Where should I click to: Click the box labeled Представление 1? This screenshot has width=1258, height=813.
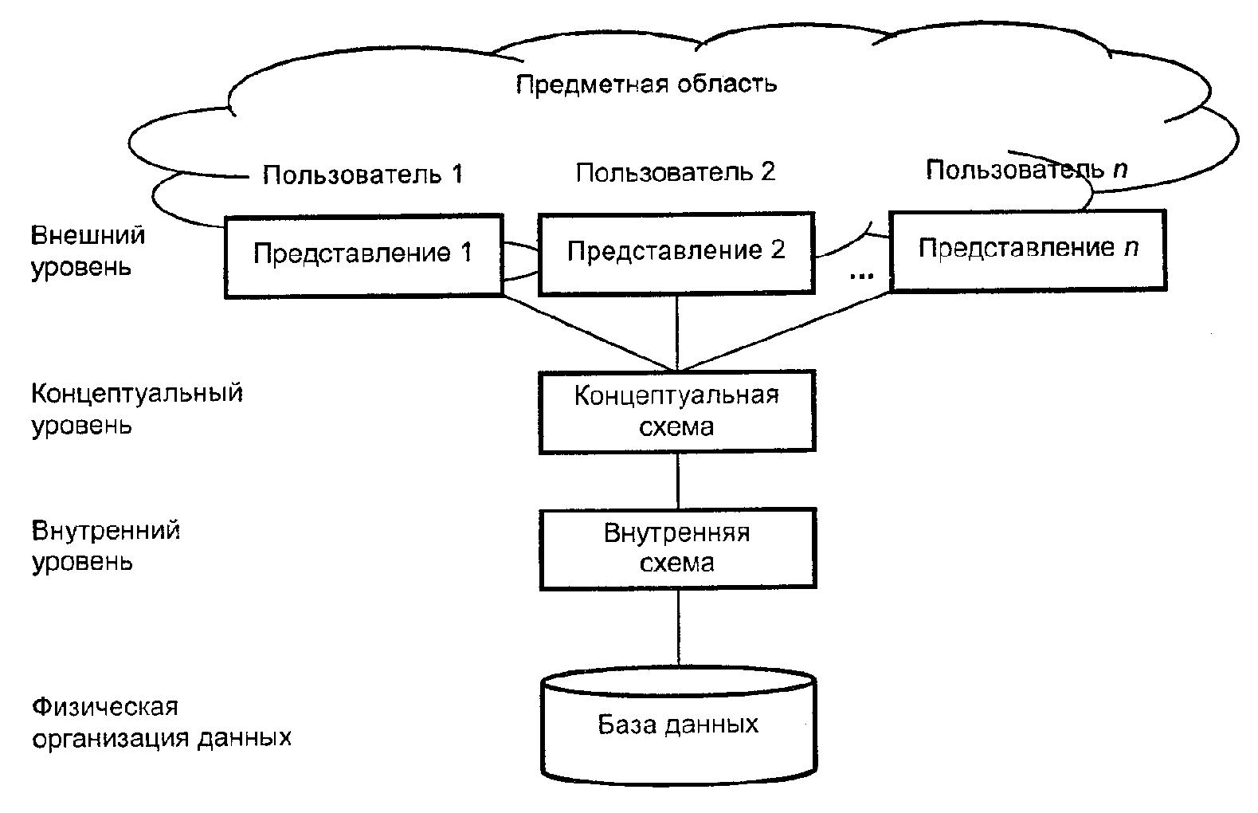[363, 255]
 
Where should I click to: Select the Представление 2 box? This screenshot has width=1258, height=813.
[676, 252]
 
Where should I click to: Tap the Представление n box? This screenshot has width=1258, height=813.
[1027, 249]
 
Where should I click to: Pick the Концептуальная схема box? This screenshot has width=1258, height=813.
[677, 411]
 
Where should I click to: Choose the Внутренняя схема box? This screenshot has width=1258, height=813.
[677, 548]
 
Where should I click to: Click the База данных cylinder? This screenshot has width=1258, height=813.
[678, 725]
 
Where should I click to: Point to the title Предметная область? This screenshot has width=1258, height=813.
[646, 84]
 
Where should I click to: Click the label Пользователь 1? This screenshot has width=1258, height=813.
[363, 175]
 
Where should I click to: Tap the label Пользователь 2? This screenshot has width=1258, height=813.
[675, 172]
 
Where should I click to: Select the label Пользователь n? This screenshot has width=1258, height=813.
[1026, 169]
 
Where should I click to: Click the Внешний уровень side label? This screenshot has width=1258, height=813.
[88, 250]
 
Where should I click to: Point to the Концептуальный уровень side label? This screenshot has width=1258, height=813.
[136, 409]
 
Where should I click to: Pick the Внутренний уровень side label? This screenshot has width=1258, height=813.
[105, 546]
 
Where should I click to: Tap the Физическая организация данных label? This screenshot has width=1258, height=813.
[161, 722]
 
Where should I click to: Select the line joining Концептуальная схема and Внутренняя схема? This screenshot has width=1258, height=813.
[677, 481]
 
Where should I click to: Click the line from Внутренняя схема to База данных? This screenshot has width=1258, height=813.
[678, 628]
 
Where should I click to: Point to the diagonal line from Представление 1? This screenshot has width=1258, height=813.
[590, 332]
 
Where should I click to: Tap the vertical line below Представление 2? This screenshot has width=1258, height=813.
[677, 332]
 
